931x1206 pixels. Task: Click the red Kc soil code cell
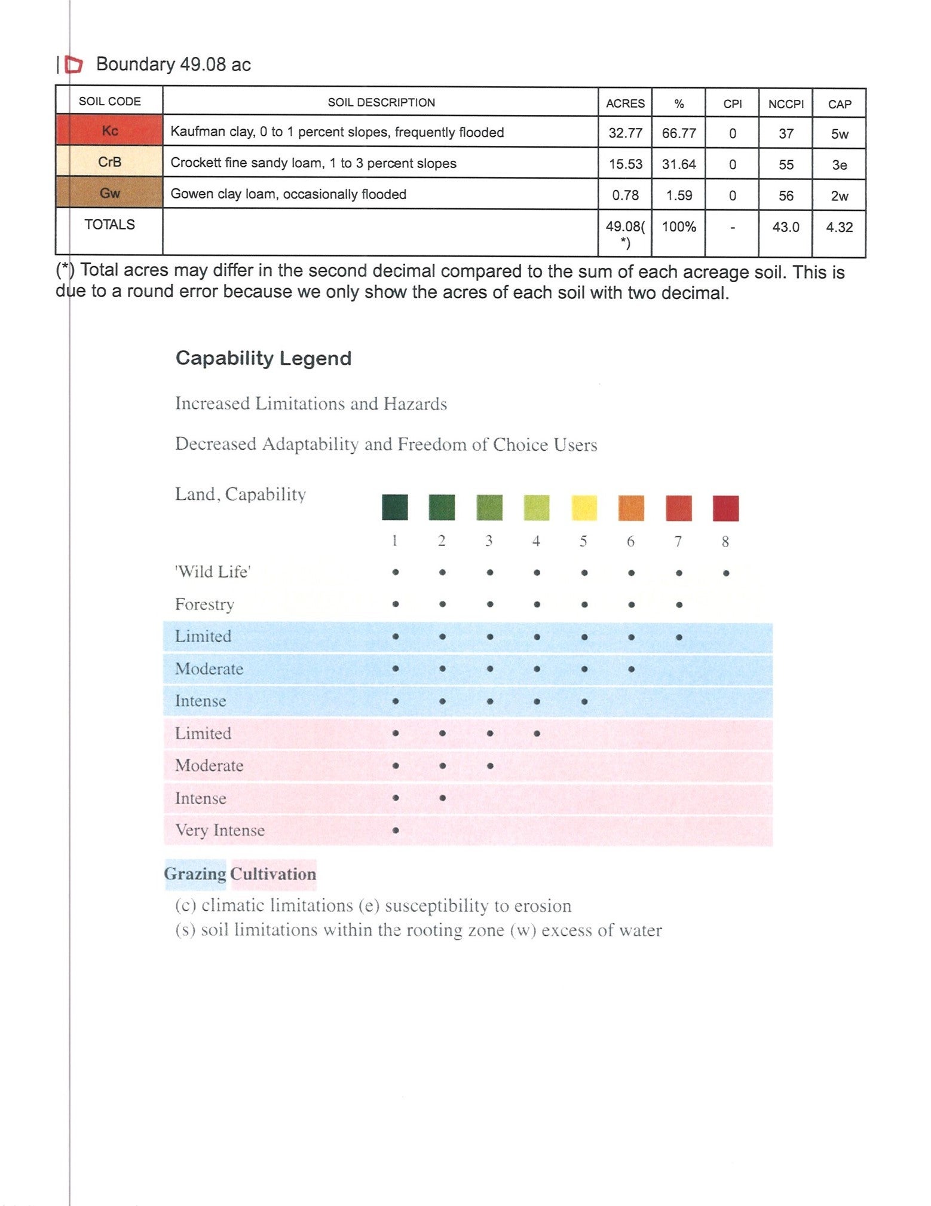coord(109,131)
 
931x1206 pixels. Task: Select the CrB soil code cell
coord(109,162)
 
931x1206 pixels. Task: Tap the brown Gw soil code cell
coord(109,193)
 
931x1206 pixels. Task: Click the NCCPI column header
coord(786,104)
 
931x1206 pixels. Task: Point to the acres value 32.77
coord(625,133)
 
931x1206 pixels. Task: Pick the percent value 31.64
coord(679,164)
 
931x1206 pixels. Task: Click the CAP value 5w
coord(840,134)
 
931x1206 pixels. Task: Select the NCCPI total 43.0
coord(786,227)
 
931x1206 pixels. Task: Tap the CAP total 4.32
coord(840,227)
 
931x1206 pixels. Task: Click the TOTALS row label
coord(109,224)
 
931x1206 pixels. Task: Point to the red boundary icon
coord(73,64)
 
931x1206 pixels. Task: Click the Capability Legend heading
coord(264,358)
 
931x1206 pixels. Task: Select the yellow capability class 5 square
coord(584,508)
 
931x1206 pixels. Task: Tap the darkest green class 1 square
coord(395,507)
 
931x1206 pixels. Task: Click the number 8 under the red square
coord(725,542)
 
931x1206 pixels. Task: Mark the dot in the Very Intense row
coord(396,830)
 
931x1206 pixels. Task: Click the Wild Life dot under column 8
coord(726,573)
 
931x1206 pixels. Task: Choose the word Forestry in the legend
coord(204,604)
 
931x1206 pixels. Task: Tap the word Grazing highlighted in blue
coord(195,874)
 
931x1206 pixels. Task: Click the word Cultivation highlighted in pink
coord(273,874)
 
